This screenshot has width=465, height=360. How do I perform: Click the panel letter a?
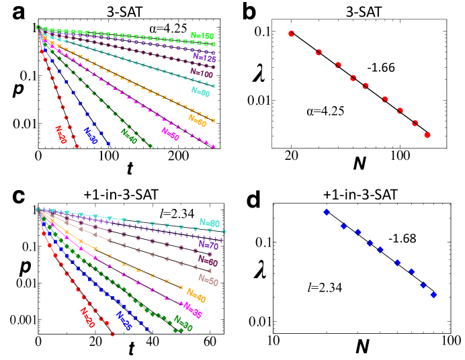(x=9, y=12)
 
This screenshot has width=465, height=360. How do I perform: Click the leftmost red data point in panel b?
(x=292, y=34)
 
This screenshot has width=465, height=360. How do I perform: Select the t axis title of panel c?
(x=132, y=349)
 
